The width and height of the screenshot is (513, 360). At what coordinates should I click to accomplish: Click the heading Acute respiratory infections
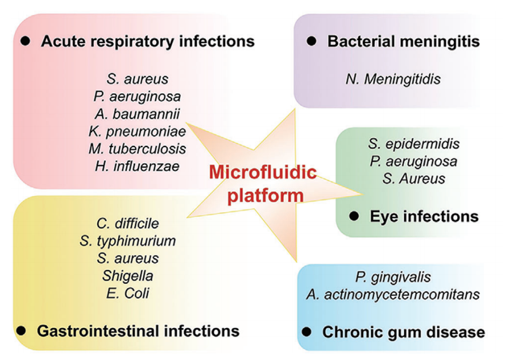pyautogui.click(x=147, y=41)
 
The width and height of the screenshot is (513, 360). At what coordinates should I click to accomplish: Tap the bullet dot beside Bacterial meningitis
pyautogui.click(x=312, y=42)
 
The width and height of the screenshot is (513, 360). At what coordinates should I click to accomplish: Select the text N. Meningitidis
pyautogui.click(x=393, y=80)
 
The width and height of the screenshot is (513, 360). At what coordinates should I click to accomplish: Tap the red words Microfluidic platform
pyautogui.click(x=263, y=183)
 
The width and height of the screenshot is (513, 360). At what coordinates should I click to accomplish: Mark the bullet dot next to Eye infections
pyautogui.click(x=353, y=216)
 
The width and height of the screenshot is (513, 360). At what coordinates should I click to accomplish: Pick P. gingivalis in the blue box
pyautogui.click(x=393, y=277)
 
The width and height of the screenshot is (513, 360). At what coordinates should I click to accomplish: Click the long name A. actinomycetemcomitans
pyautogui.click(x=393, y=294)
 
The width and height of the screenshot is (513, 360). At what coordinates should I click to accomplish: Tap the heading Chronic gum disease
pyautogui.click(x=403, y=332)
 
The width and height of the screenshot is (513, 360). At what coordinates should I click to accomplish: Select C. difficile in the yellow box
pyautogui.click(x=128, y=223)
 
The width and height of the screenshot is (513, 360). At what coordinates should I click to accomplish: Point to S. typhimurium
pyautogui.click(x=129, y=241)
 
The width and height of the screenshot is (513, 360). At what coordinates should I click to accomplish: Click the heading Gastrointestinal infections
pyautogui.click(x=138, y=330)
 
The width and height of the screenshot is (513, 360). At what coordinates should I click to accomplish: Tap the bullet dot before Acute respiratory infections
pyautogui.click(x=25, y=41)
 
